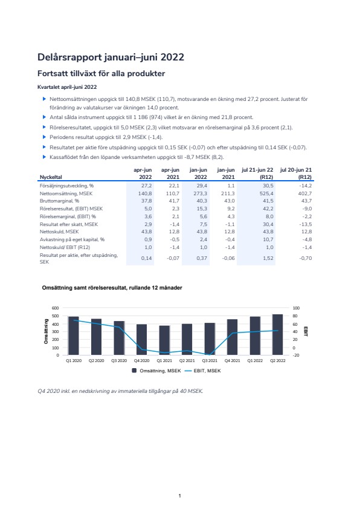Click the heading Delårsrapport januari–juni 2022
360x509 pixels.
[111, 57]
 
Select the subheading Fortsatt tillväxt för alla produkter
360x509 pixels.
[101, 73]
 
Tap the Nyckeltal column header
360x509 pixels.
[51, 177]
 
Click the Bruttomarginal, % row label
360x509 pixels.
[59, 201]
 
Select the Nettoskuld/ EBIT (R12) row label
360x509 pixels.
[65, 247]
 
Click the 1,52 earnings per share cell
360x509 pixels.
[268, 258]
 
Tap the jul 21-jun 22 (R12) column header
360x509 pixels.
[257, 173]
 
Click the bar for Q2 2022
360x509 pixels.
[278, 334]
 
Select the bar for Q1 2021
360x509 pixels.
[164, 340]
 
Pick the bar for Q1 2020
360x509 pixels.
[74, 336]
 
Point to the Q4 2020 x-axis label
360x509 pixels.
[142, 361]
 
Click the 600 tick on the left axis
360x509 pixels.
[56, 308]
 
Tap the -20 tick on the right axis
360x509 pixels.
[296, 355]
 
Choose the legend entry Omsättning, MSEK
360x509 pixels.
[156, 371]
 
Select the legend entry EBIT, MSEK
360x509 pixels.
[203, 371]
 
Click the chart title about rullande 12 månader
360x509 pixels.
[112, 288]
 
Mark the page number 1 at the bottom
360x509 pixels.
[179, 496]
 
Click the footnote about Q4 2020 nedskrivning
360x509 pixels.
[120, 391]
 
